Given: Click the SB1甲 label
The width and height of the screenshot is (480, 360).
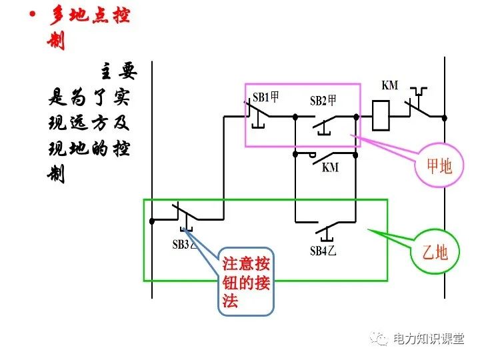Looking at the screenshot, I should (265, 97).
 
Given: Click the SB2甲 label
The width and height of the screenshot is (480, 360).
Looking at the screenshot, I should (323, 101).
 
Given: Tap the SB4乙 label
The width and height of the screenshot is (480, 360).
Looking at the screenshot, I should (323, 251).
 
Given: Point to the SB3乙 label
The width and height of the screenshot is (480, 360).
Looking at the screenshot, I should (185, 244).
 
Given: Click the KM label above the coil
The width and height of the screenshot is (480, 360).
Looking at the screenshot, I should (389, 85).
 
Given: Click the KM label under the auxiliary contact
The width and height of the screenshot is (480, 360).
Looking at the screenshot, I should (330, 167).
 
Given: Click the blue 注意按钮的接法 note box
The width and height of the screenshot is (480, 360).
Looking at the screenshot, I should (246, 281).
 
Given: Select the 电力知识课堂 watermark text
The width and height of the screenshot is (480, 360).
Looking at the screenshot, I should (428, 339).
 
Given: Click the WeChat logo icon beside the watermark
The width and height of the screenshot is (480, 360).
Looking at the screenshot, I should (380, 339).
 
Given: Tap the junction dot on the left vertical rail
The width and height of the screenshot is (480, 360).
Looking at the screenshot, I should (153, 219).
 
